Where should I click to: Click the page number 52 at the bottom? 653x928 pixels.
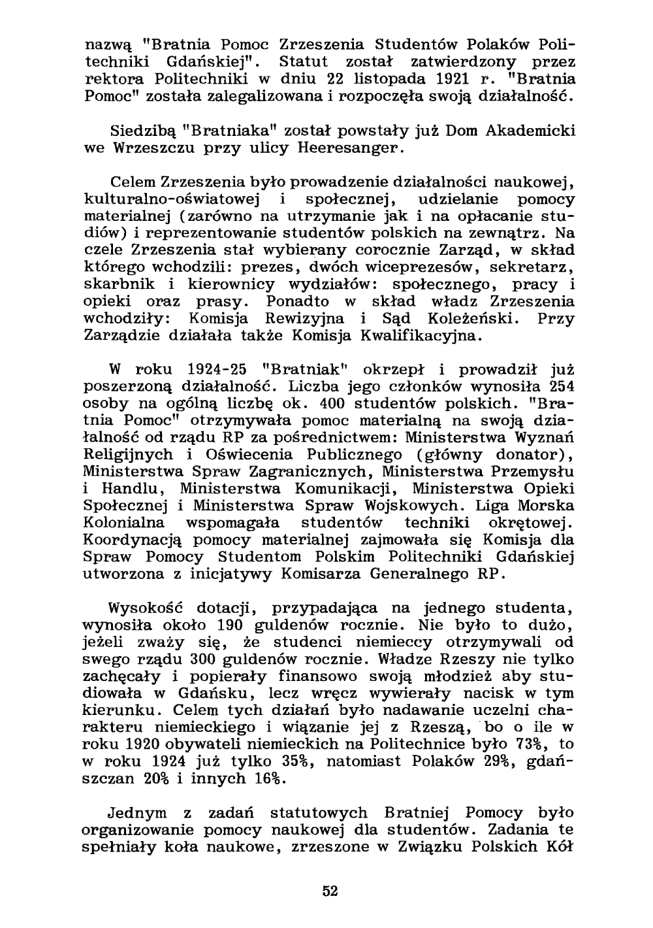point(330,891)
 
